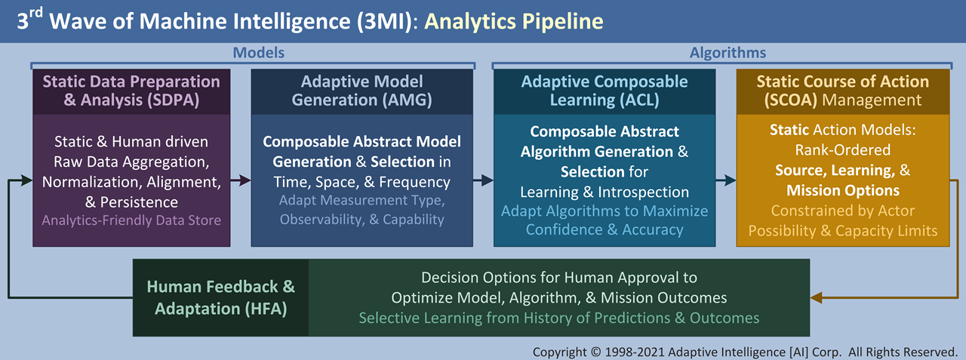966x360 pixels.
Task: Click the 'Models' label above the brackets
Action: coord(259,53)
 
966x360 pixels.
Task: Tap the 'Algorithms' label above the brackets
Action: coord(728,53)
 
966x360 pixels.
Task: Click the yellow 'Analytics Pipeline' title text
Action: coord(514,22)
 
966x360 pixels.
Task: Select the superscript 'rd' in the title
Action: coord(35,13)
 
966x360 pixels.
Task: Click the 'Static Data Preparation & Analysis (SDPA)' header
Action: coord(131,91)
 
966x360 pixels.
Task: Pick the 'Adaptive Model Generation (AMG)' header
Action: coord(361,91)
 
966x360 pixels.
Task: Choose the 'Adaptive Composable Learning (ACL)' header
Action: coord(605,91)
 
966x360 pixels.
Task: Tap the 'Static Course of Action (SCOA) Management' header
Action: coord(843,91)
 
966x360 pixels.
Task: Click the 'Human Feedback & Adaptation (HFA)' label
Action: coord(221,297)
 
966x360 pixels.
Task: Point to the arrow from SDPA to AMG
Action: coord(241,180)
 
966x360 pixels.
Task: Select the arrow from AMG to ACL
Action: coord(484,180)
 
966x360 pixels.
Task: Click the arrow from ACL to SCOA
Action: coord(726,180)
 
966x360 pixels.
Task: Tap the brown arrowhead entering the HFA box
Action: coord(817,297)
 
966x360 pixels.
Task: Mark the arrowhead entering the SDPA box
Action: coord(26,180)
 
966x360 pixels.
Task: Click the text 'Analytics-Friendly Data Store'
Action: coord(131,220)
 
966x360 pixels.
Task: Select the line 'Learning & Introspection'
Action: coord(605,192)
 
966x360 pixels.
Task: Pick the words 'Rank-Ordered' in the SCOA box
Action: coord(843,150)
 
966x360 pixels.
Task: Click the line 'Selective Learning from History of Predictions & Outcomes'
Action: coord(559,318)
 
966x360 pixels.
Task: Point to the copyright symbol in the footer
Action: coord(595,352)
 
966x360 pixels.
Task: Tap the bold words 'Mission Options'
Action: coord(843,190)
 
